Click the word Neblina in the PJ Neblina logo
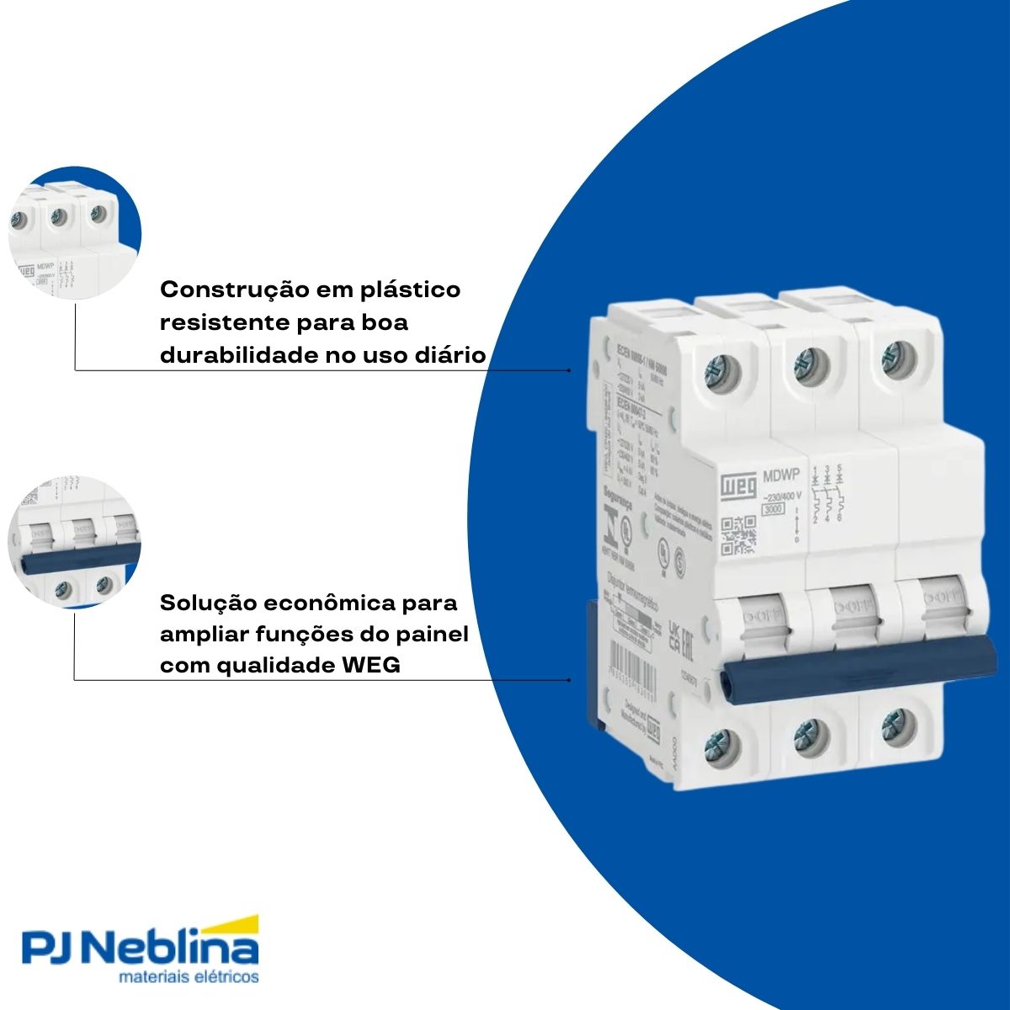[173, 951]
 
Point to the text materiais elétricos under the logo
[189, 979]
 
